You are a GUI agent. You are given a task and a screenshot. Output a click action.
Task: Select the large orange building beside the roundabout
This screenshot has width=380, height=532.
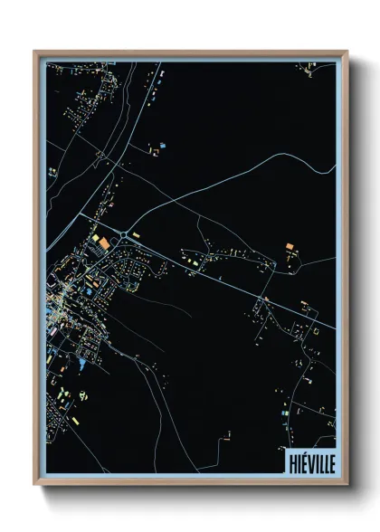(104, 242)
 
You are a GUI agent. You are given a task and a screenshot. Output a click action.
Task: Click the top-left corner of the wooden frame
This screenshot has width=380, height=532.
(35, 52)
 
